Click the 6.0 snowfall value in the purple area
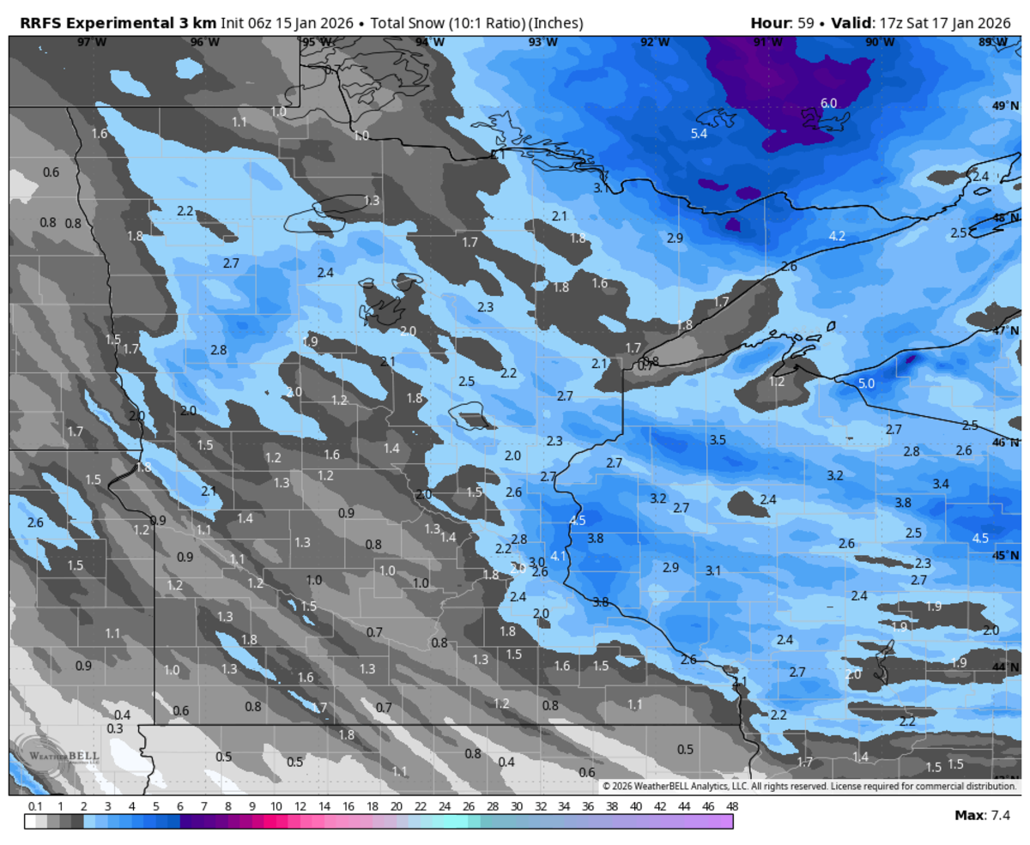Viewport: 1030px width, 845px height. [x=828, y=103]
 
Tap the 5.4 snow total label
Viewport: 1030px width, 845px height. [x=699, y=134]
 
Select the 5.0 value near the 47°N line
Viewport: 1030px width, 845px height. [x=866, y=383]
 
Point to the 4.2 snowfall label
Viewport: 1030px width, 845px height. [x=837, y=236]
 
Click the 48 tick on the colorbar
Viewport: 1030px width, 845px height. [x=731, y=807]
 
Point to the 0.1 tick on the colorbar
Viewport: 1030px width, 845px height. [x=35, y=807]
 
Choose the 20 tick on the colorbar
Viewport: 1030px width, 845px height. [x=396, y=807]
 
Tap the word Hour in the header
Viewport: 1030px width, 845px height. [x=769, y=21]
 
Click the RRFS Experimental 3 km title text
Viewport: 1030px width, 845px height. [x=112, y=21]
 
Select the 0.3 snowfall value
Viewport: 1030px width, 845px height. [x=115, y=728]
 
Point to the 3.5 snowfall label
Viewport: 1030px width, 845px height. [x=718, y=440]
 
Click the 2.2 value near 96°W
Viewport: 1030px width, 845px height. [x=185, y=211]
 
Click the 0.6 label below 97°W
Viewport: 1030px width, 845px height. [x=51, y=172]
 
